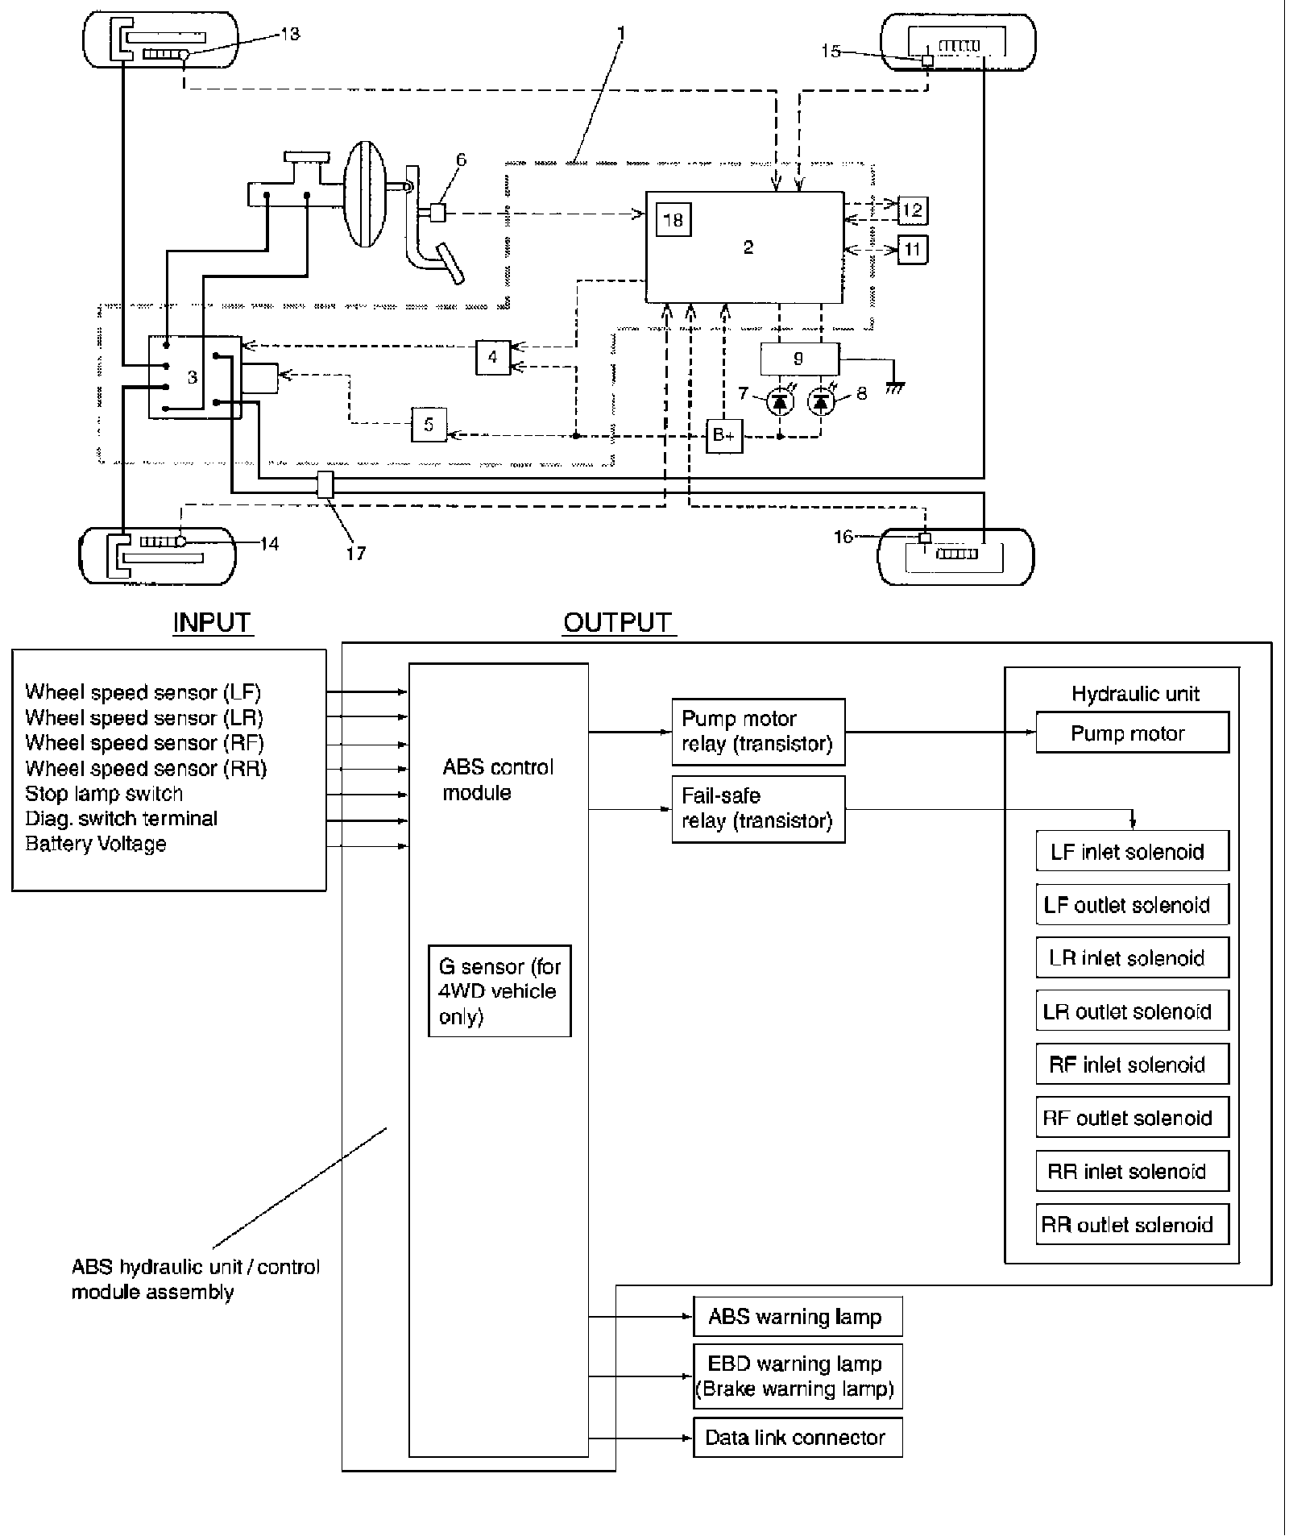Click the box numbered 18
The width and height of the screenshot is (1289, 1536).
(x=674, y=219)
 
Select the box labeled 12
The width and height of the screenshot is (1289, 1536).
(x=912, y=210)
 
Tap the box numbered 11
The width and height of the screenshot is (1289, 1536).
(x=912, y=249)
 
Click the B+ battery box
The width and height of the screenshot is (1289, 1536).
(x=723, y=435)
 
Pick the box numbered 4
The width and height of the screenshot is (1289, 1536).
(x=493, y=356)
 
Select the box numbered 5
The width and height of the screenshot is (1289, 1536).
(x=429, y=425)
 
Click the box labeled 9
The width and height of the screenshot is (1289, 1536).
(x=799, y=359)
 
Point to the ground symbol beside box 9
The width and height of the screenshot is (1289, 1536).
(x=894, y=388)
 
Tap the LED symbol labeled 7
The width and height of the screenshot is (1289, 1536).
(x=779, y=401)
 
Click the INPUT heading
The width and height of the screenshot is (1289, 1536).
(x=212, y=622)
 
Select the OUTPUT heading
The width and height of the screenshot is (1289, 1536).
(x=617, y=622)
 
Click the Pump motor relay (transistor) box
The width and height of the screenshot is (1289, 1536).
(x=757, y=731)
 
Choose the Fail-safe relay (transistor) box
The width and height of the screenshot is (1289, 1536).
(x=757, y=808)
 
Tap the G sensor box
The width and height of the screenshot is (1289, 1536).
(x=499, y=990)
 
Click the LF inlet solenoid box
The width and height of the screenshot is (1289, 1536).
(x=1132, y=852)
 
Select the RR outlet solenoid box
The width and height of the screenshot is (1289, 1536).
(x=1132, y=1225)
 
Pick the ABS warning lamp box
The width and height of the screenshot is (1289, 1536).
(x=798, y=1317)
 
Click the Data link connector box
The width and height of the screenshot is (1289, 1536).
(x=798, y=1438)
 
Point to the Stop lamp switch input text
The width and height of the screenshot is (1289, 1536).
(x=104, y=794)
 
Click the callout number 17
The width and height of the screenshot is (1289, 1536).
(x=356, y=553)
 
